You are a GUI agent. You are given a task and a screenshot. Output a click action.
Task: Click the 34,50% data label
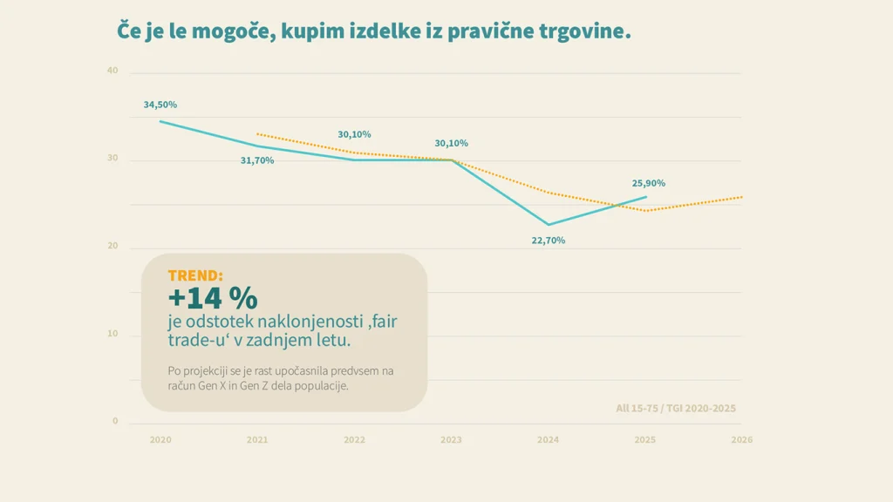click(160, 105)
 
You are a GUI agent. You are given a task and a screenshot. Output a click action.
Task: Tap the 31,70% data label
click(257, 160)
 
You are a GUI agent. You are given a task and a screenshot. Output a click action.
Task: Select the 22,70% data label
click(549, 241)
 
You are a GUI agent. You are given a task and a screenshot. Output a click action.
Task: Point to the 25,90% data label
click(649, 183)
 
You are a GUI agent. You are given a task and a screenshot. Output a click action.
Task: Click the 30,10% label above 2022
click(354, 134)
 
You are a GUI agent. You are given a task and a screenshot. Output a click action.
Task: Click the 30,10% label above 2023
click(452, 143)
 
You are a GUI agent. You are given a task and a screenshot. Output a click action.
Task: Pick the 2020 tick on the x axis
click(160, 440)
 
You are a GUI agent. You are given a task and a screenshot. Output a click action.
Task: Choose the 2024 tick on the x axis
click(549, 440)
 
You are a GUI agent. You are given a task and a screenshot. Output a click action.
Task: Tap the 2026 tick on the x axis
click(741, 440)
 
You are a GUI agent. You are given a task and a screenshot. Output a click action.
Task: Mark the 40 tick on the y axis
click(112, 71)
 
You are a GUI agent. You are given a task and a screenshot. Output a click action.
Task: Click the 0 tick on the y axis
click(115, 422)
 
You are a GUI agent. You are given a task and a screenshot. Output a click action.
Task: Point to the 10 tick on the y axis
click(112, 334)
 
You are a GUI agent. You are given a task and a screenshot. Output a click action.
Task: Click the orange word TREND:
click(195, 275)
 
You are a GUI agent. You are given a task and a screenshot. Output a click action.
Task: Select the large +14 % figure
click(213, 298)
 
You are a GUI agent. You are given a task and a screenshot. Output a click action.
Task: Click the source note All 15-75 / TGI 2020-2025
click(676, 408)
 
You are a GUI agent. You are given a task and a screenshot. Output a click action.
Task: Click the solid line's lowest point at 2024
click(549, 225)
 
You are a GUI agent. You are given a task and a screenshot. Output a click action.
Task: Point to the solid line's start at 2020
click(160, 121)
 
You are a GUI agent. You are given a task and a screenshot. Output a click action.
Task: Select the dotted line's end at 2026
click(741, 197)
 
